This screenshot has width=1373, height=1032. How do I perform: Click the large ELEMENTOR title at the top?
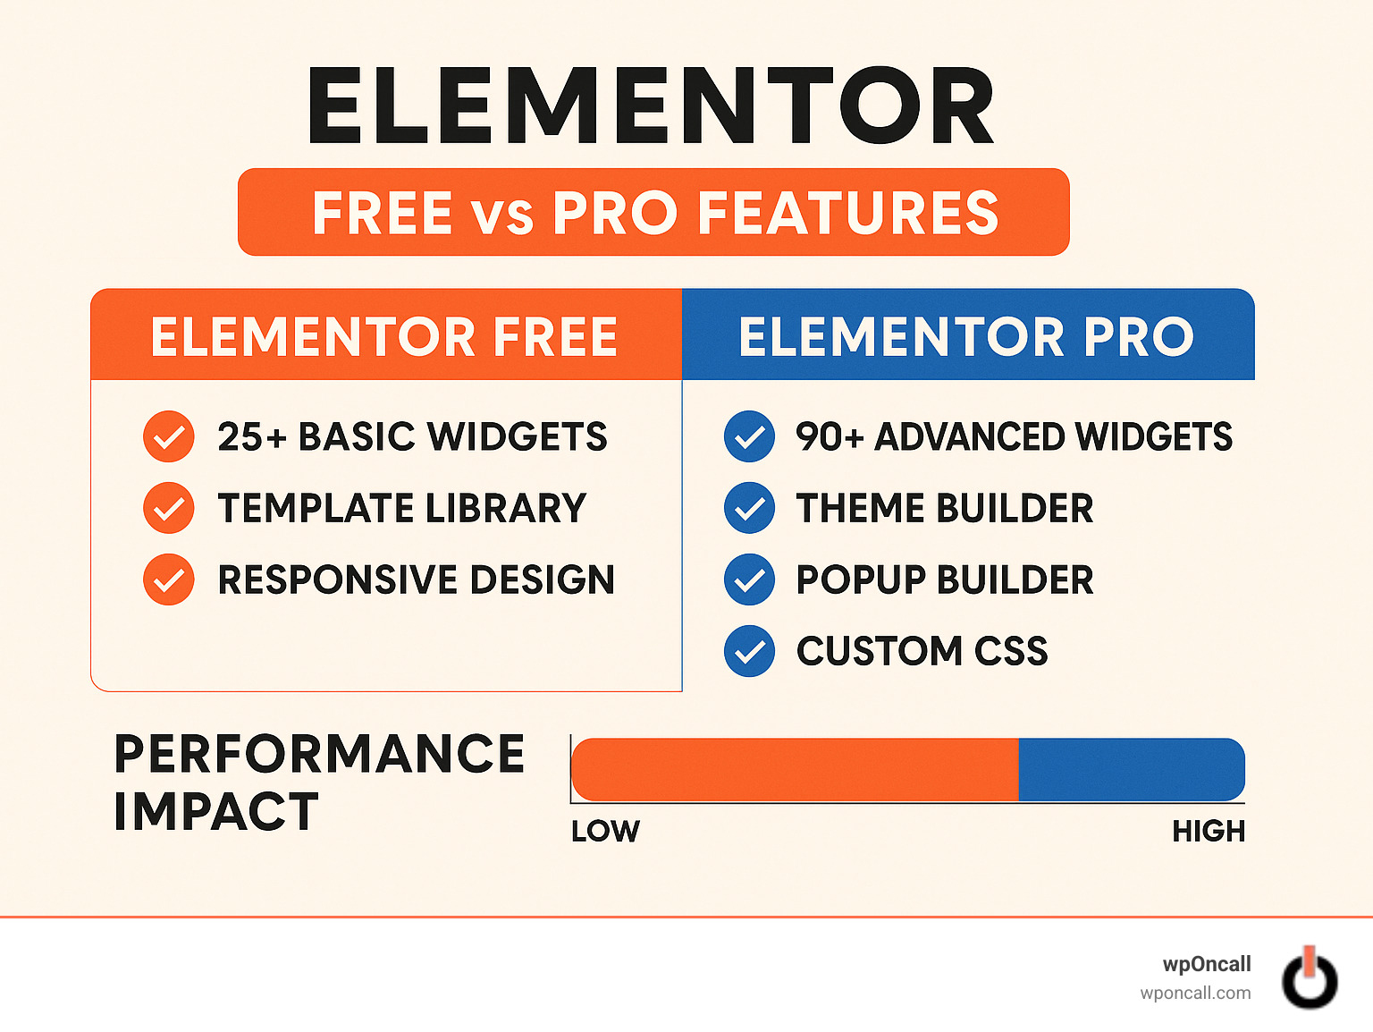coord(651,106)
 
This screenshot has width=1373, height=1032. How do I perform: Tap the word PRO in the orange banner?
coord(615,214)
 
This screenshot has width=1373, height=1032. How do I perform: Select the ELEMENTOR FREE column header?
coord(384,336)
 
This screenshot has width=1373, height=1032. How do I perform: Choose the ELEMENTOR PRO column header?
coord(966,336)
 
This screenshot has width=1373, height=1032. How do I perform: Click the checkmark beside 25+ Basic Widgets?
coord(169,437)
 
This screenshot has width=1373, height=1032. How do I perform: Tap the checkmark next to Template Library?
coord(169,508)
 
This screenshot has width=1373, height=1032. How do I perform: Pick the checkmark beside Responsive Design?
coord(169,579)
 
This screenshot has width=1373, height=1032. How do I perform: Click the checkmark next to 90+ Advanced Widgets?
coord(749,437)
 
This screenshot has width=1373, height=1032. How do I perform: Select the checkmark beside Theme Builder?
coord(749,508)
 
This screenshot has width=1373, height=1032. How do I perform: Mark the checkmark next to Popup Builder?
coord(749,579)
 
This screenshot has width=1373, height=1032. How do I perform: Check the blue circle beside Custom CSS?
coord(749,651)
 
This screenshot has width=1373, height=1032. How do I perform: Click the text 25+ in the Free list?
coord(253,437)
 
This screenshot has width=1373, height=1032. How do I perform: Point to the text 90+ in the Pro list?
coord(830,437)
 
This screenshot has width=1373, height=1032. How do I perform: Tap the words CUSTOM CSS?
coord(922,651)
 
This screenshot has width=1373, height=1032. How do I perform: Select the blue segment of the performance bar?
coord(1131,769)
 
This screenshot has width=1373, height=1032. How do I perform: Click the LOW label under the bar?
coord(605,831)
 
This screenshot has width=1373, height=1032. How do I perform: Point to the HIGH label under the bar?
coord(1209,831)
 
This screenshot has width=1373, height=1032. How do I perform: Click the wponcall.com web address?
coord(1195,993)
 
